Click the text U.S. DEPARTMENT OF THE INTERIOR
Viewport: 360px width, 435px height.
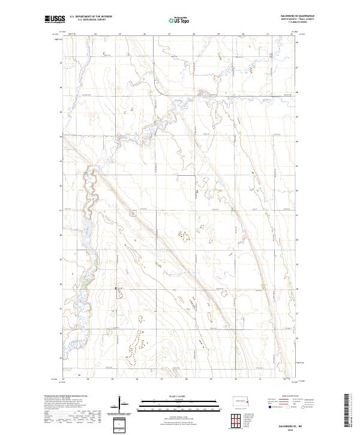pyautogui.click(x=91, y=16)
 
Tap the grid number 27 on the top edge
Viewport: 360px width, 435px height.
pyautogui.click(x=169, y=34)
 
